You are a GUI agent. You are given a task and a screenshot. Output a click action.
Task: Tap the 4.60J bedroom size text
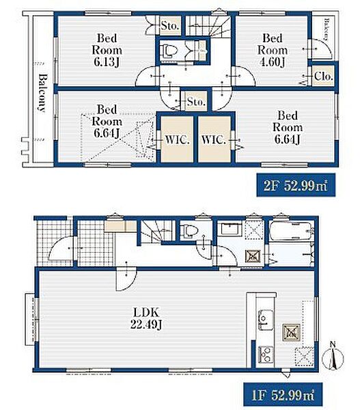pos(273,62)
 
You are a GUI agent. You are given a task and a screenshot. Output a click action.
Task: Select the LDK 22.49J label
pos(146,318)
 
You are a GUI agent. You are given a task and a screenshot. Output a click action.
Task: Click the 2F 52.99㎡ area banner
pos(296,185)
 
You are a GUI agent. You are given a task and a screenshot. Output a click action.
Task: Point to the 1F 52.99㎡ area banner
pos(283,394)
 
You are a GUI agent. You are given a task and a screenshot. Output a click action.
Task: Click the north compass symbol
pos(333,357)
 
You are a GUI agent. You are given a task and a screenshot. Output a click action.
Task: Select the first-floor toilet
pos(189,230)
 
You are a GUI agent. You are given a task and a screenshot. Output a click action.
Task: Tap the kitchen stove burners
pos(266,353)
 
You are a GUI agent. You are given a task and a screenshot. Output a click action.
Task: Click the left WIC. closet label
pos(177,140)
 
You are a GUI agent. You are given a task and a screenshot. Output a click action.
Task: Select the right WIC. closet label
pos(213,140)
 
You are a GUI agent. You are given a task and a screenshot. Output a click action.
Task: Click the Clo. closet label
pos(323,77)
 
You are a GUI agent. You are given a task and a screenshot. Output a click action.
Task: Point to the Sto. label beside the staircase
pos(169,26)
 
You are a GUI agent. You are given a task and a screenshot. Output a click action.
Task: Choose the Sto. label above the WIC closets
pos(196,101)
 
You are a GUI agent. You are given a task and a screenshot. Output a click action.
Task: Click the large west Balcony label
pos(42,93)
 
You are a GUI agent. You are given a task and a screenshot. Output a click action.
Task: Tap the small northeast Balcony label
pos(326,29)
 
